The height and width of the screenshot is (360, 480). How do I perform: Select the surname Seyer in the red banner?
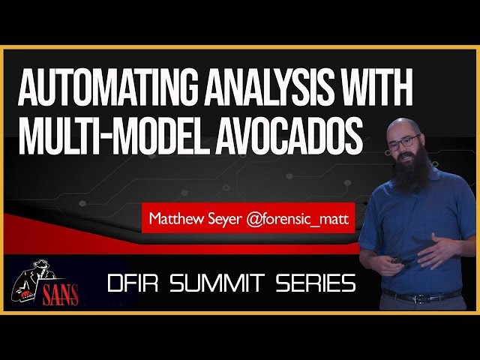(225, 220)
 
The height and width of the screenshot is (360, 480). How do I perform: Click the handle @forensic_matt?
(297, 219)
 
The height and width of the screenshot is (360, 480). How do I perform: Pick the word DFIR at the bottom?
(133, 283)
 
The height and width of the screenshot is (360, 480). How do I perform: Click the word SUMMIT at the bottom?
(217, 283)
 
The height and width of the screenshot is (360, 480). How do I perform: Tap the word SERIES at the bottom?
(315, 283)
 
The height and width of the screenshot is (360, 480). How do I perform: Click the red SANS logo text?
(60, 295)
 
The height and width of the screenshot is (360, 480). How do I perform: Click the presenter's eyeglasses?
(404, 142)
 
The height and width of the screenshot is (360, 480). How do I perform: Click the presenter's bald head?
(403, 126)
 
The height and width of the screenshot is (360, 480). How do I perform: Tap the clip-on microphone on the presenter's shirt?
(415, 190)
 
